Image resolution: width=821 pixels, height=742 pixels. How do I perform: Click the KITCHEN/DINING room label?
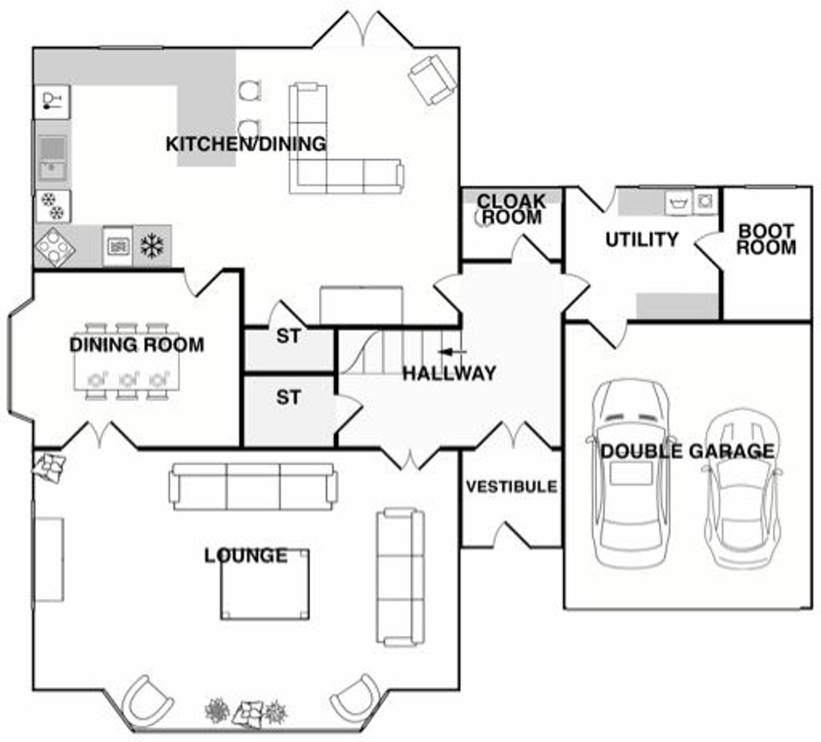pos(246,144)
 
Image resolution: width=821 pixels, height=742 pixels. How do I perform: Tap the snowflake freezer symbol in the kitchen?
pos(152,246)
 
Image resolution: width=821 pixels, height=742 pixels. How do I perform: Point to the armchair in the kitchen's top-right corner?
pos(432,80)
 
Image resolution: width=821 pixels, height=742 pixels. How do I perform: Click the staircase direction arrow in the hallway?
pos(452,352)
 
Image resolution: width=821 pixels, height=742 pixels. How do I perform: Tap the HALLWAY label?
pos(449,373)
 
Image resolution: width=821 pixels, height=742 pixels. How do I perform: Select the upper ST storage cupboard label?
pos(289,336)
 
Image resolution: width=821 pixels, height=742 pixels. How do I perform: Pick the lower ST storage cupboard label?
pos(289,397)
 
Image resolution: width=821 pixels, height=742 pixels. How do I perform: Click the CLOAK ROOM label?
pos(511,209)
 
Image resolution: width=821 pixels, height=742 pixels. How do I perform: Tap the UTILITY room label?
pos(642,240)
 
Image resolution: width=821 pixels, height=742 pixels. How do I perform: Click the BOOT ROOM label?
pos(766,239)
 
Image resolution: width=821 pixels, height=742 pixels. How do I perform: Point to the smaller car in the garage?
pos(742,488)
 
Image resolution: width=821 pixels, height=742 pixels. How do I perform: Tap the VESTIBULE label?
pos(511,486)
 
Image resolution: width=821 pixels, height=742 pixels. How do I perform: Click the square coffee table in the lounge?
pos(265,584)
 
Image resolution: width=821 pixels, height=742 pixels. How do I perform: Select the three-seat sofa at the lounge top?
pos(253,487)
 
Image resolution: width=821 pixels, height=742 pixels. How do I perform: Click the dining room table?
pos(127,361)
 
